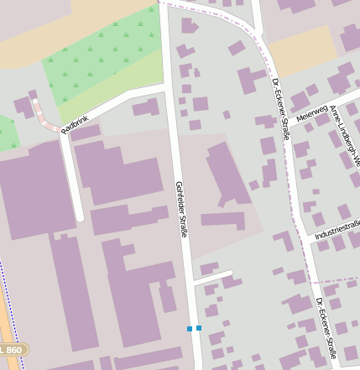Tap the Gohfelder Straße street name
coord(180,208)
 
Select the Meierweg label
coord(310,113)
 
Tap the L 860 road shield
coord(12,348)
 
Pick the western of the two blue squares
coord(190,328)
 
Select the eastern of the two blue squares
coord(199,328)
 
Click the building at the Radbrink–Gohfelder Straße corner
coord(146,107)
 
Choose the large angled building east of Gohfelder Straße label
coord(227,172)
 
